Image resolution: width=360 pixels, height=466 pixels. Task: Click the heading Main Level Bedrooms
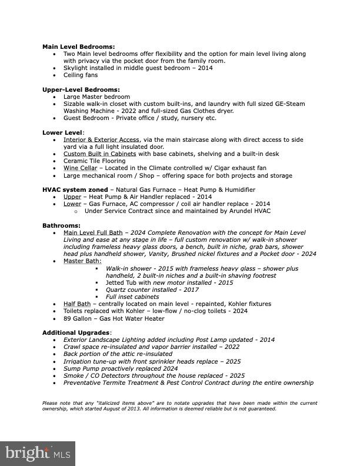click(78, 46)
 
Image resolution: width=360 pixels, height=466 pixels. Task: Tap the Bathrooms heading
click(61, 225)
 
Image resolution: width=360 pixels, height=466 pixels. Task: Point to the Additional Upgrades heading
click(76, 332)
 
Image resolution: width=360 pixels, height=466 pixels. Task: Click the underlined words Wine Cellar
click(80, 168)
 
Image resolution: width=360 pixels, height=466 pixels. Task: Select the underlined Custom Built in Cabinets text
click(99, 154)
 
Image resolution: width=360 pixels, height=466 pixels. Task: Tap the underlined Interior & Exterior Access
click(101, 139)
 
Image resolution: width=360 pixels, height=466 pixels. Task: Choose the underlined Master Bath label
click(82, 261)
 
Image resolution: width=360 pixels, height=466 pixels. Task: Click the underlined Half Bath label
click(77, 304)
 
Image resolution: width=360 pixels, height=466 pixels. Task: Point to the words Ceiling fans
click(81, 75)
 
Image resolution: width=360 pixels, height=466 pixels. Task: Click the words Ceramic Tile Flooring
click(94, 161)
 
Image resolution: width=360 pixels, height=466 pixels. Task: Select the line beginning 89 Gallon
click(114, 318)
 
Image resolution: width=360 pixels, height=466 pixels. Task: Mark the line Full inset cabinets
click(132, 297)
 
